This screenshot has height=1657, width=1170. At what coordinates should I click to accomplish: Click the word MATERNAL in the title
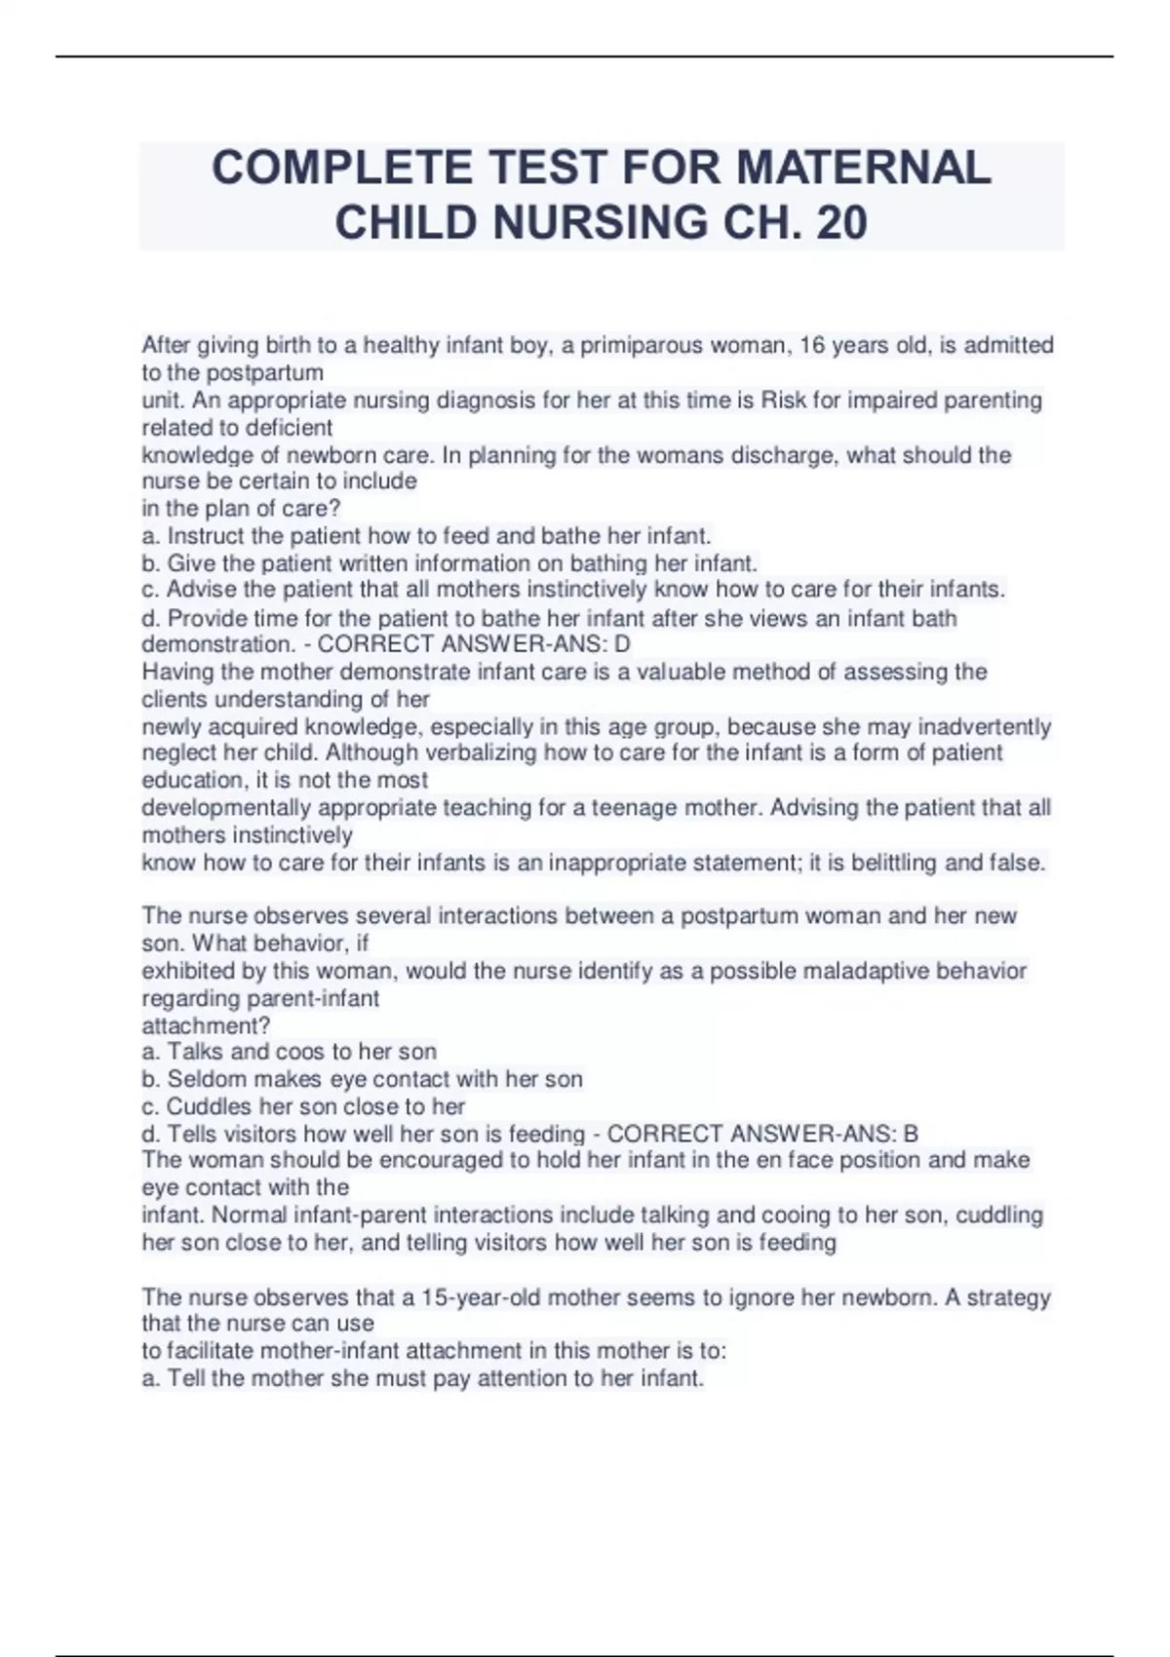tap(864, 168)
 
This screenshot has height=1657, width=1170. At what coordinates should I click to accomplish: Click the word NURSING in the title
tap(602, 222)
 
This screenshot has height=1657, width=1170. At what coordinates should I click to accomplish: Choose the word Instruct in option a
tap(206, 536)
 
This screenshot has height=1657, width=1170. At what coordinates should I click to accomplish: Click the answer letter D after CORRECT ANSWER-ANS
tap(622, 644)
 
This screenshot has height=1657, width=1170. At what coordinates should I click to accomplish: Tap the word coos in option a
tap(304, 1052)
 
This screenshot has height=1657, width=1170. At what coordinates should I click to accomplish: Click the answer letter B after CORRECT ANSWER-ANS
tap(911, 1134)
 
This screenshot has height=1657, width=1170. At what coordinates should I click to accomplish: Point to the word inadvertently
tap(981, 727)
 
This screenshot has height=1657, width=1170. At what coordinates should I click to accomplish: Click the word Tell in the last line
tap(189, 1378)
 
